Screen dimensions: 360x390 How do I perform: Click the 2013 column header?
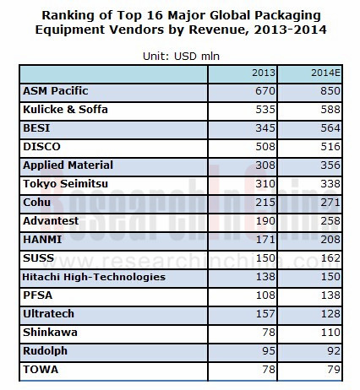tap(264, 73)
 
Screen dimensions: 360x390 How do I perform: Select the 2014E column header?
tap(325, 73)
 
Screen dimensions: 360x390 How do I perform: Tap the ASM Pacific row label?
tap(56, 91)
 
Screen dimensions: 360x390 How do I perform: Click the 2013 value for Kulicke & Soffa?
tap(265, 110)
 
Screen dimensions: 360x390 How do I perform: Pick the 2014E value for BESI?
tap(330, 128)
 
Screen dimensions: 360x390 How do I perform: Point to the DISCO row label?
tap(41, 147)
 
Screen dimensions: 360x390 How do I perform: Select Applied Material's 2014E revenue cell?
tap(330, 165)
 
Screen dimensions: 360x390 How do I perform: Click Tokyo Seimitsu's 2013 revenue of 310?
tap(265, 184)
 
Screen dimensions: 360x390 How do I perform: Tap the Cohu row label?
tap(36, 203)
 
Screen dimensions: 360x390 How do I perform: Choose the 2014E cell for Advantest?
tap(330, 221)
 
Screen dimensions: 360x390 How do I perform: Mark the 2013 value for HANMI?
tap(265, 240)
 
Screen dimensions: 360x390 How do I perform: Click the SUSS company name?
tap(38, 258)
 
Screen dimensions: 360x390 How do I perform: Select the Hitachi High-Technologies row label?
tap(94, 277)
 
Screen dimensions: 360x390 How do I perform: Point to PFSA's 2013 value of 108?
tap(265, 295)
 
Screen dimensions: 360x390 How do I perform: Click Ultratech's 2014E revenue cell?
tap(330, 314)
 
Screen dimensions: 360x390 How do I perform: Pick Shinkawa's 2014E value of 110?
tap(330, 333)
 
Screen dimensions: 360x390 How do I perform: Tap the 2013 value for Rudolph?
tap(269, 351)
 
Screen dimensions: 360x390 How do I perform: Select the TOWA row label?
tap(41, 370)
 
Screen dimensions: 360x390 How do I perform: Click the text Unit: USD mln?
tap(181, 57)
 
